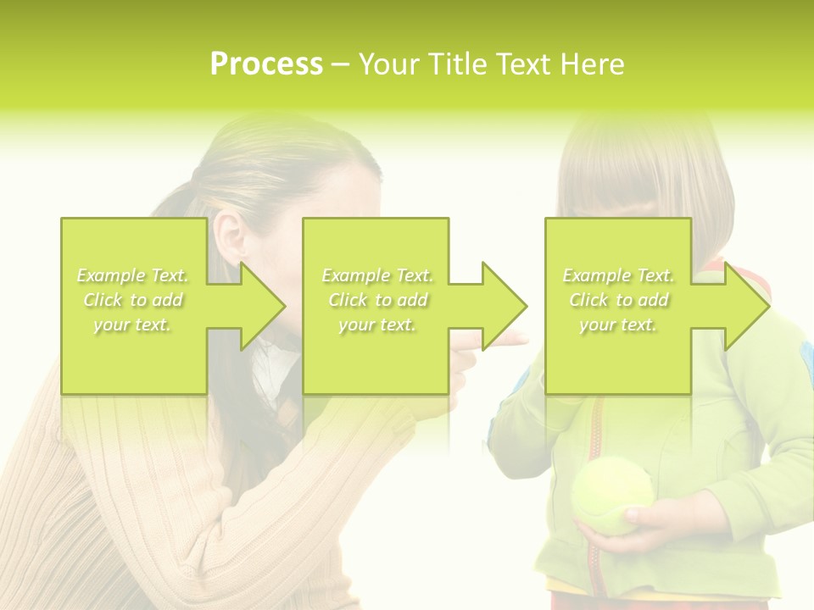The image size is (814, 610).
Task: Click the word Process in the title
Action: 266,64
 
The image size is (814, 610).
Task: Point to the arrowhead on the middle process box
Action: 502,306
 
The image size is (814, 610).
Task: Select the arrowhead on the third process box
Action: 744,306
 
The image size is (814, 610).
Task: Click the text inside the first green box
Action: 133,300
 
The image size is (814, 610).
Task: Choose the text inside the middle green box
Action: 376,300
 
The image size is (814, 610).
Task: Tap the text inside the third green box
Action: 618,300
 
